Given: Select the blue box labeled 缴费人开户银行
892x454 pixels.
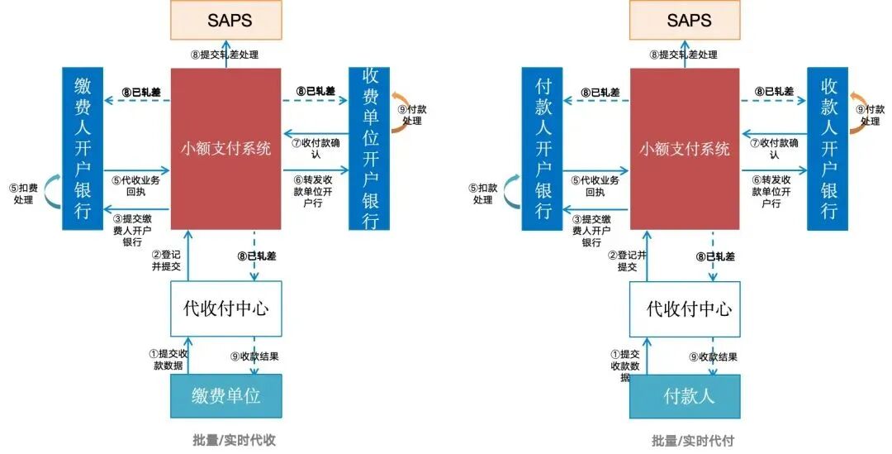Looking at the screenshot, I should point(83,149).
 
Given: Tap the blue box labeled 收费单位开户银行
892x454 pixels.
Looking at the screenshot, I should point(369,149).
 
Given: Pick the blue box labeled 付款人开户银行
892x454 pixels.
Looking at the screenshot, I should point(543,149).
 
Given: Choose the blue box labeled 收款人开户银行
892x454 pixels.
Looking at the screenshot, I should point(828,149).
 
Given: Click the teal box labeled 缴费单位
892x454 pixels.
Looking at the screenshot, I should point(225,395).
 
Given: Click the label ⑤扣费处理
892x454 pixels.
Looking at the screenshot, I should point(23,194).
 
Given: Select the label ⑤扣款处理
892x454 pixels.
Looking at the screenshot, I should point(483,194).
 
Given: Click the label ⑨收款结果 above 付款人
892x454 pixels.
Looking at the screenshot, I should point(713,357).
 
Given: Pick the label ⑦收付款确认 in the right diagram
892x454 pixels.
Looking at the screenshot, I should point(774,148).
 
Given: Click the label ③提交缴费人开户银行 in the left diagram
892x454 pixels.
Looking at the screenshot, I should point(134,231).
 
